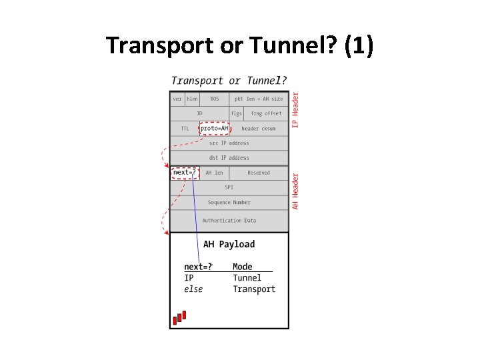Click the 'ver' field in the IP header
pyautogui.click(x=177, y=99)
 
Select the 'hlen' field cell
pyautogui.click(x=192, y=99)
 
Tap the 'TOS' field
pyautogui.click(x=214, y=99)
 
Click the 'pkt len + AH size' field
pyautogui.click(x=259, y=99)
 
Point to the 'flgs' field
pyautogui.click(x=237, y=113)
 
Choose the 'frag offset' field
pyautogui.click(x=266, y=113)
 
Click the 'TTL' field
pyautogui.click(x=185, y=128)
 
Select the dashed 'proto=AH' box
pyautogui.click(x=215, y=128)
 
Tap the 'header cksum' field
pyautogui.click(x=259, y=128)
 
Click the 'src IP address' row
pyautogui.click(x=229, y=143)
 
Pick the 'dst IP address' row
pyautogui.click(x=229, y=158)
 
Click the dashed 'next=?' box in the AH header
pyautogui.click(x=185, y=173)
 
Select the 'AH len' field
pyautogui.click(x=214, y=173)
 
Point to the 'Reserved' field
pyautogui.click(x=259, y=173)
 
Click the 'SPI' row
pyautogui.click(x=229, y=187)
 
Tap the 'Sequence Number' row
pyautogui.click(x=229, y=202)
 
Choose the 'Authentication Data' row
pyautogui.click(x=229, y=220)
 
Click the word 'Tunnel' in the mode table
pyautogui.click(x=247, y=278)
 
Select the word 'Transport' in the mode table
pyautogui.click(x=254, y=289)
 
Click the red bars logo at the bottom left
pyautogui.click(x=179, y=318)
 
